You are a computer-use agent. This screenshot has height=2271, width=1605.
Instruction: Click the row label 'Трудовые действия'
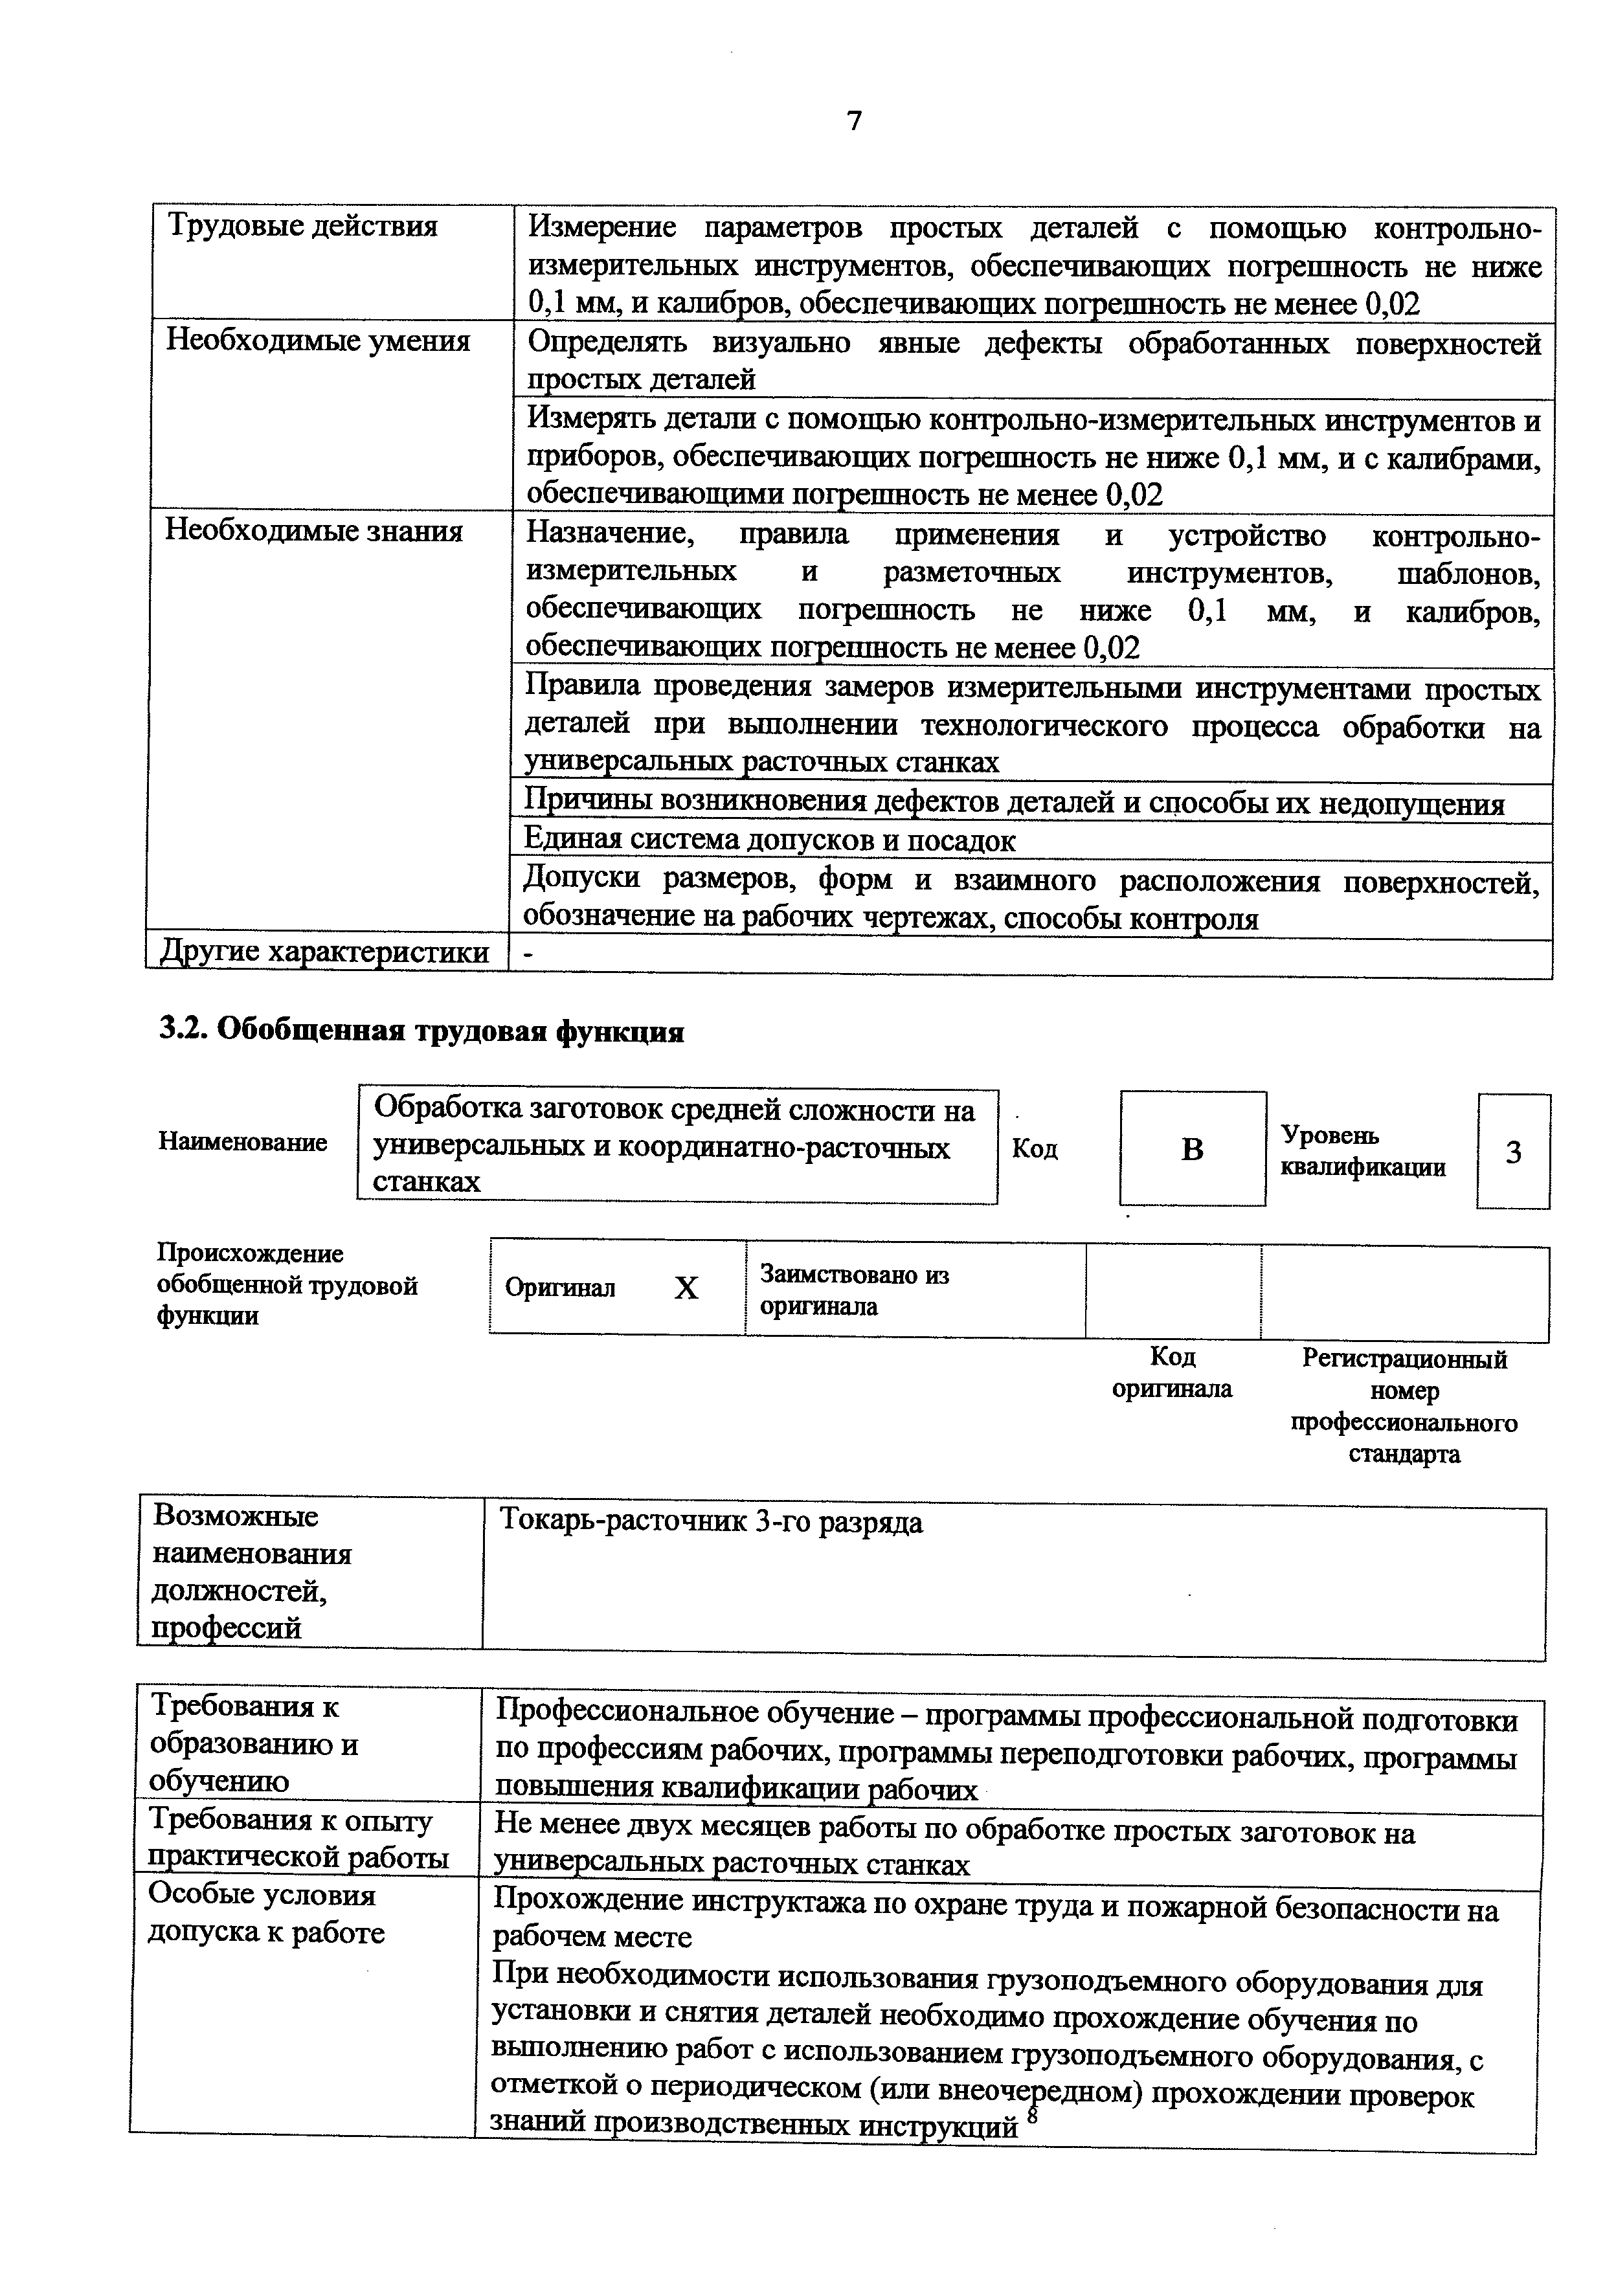[302, 227]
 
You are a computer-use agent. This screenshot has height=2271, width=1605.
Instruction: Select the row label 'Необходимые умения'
[317, 341]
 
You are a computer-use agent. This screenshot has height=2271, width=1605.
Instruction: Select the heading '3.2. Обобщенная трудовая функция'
[421, 1031]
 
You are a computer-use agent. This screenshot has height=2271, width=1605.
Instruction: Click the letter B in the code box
[1193, 1149]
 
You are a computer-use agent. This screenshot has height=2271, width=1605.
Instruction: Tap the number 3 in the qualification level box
[1513, 1151]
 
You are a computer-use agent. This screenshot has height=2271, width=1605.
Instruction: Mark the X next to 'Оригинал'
[686, 1288]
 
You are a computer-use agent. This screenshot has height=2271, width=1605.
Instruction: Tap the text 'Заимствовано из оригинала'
[855, 1290]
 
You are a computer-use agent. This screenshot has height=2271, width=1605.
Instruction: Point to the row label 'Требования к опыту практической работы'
[297, 1839]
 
